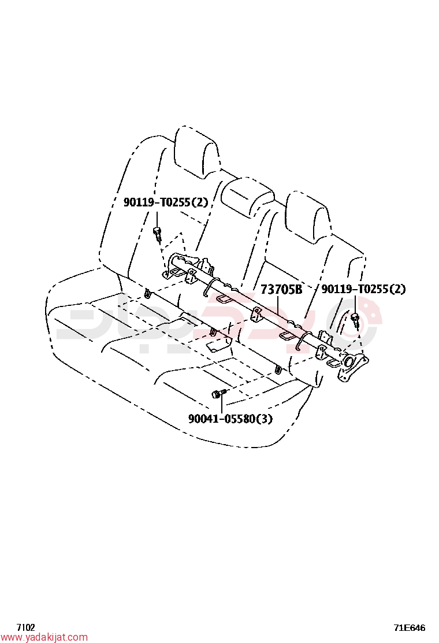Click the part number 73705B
tap(281, 290)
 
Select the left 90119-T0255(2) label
tap(166, 202)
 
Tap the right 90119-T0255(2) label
tap(363, 289)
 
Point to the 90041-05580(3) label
tap(230, 419)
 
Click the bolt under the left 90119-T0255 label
tap(157, 234)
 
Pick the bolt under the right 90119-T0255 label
tap(355, 320)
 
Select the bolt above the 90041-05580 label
tap(218, 394)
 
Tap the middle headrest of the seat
tap(247, 195)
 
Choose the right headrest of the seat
tap(307, 216)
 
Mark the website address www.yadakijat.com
tap(44, 637)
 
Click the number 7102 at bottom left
tap(25, 627)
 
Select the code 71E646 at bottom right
tap(410, 627)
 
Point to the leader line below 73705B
tap(278, 305)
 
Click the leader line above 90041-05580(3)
tap(222, 404)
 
